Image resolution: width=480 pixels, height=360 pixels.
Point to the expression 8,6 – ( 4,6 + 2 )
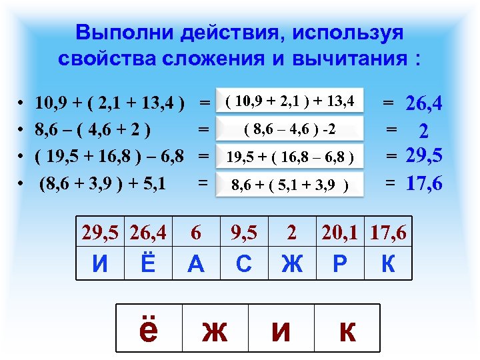pyautogui.click(x=93, y=129)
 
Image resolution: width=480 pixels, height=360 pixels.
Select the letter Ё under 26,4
pyautogui.click(x=149, y=264)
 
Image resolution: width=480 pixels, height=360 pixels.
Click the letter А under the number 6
pyautogui.click(x=196, y=264)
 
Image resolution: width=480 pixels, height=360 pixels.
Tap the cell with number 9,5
pyautogui.click(x=244, y=233)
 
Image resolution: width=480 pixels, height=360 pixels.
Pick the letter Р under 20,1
pyautogui.click(x=340, y=264)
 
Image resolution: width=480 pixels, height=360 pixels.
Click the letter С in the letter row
pyautogui.click(x=244, y=264)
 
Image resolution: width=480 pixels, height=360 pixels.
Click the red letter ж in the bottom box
pyautogui.click(x=215, y=329)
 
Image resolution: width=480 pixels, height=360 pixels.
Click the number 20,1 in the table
pyautogui.click(x=340, y=233)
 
